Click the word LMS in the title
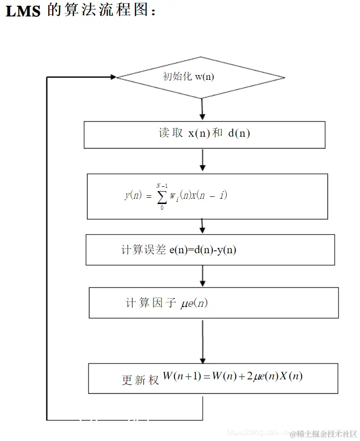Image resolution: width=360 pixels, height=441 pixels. (22, 11)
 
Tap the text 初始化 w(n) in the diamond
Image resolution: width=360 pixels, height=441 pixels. (188, 76)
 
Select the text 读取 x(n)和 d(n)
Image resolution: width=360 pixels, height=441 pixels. (204, 133)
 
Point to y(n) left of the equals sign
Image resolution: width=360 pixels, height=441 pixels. (133, 195)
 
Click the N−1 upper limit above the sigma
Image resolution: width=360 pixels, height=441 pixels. (162, 185)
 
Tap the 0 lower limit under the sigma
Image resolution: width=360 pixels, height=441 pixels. (162, 207)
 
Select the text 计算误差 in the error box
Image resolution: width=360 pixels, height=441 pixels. (144, 250)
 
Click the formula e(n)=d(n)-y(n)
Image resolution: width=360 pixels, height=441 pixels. (203, 250)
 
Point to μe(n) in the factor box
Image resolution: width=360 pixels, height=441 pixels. (194, 303)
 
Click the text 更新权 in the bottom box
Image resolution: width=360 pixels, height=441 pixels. (140, 380)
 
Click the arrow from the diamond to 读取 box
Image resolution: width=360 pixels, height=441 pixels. (202, 110)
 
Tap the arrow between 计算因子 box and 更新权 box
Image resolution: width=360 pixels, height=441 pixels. (203, 341)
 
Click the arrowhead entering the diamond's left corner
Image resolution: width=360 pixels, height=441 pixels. (113, 77)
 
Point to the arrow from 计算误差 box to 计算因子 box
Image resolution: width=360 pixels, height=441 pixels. (203, 276)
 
